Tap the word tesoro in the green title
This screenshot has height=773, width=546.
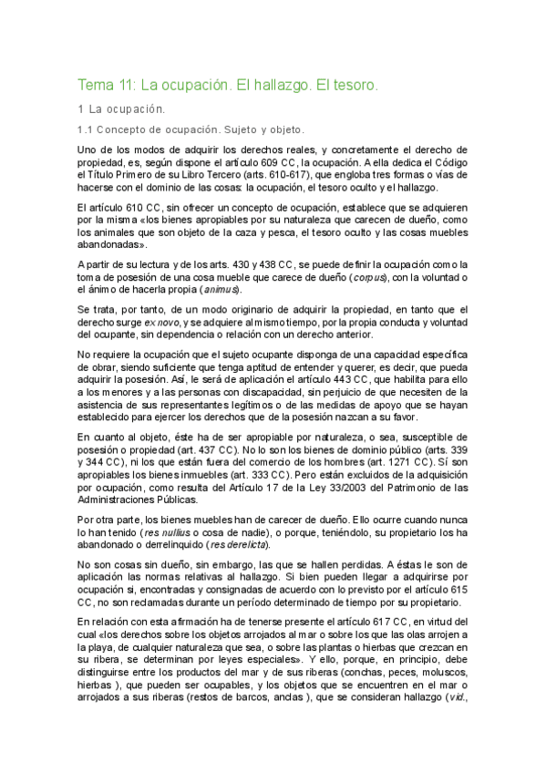click(349, 86)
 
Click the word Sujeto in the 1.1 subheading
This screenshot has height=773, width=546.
click(241, 129)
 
